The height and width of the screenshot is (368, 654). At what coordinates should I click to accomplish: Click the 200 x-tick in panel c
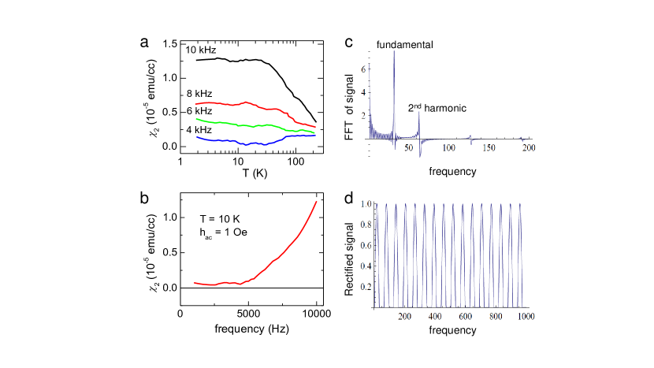[x=528, y=148]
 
